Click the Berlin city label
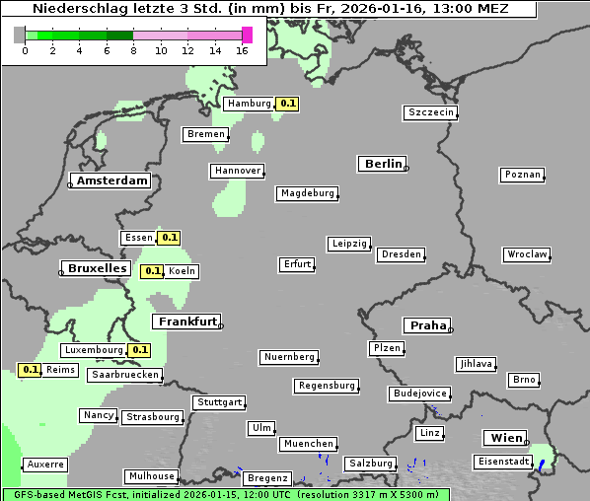pyautogui.click(x=383, y=164)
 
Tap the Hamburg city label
pyautogui.click(x=249, y=104)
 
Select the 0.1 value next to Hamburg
pyautogui.click(x=287, y=104)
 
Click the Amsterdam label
pyautogui.click(x=111, y=181)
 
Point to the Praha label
pyautogui.click(x=427, y=325)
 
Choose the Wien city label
pyautogui.click(x=503, y=438)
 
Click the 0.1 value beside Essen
pyautogui.click(x=170, y=238)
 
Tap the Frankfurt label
pyautogui.click(x=186, y=322)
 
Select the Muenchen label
pyautogui.click(x=309, y=445)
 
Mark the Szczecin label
pyautogui.click(x=431, y=113)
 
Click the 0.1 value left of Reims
pyautogui.click(x=31, y=371)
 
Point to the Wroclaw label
pyautogui.click(x=527, y=254)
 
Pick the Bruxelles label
pyautogui.click(x=96, y=268)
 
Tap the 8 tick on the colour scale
pyautogui.click(x=133, y=50)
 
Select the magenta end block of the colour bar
pyautogui.click(x=247, y=35)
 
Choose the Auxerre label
pyautogui.click(x=45, y=465)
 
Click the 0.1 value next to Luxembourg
pyautogui.click(x=139, y=350)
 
